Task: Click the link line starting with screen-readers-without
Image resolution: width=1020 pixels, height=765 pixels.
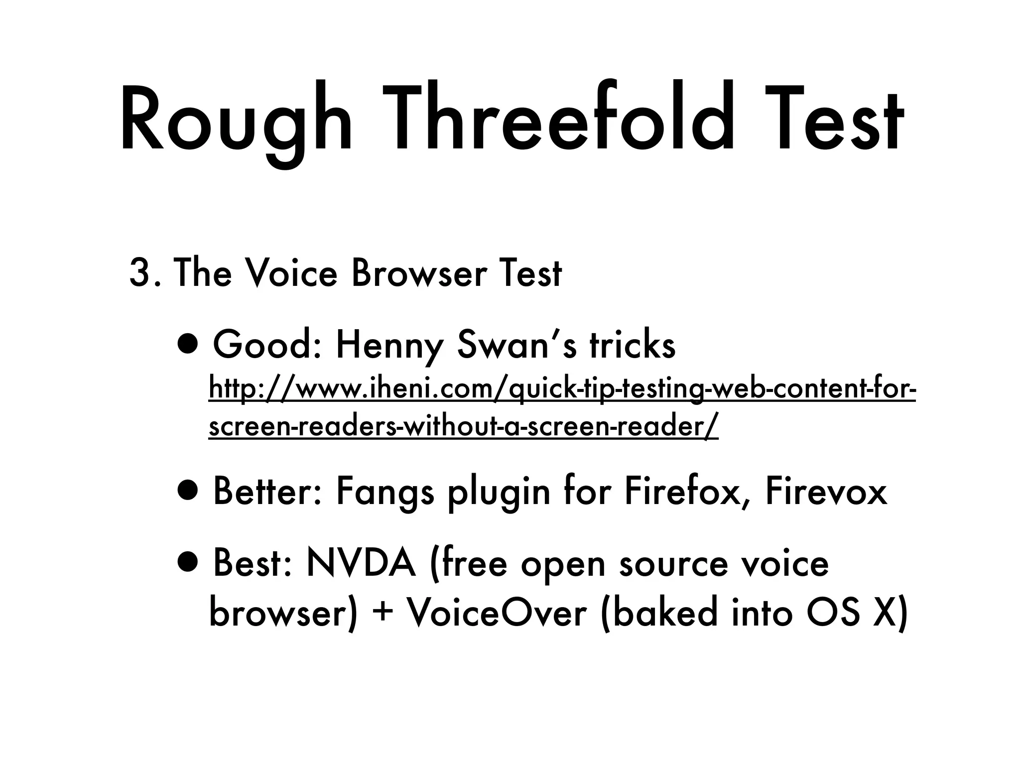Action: [463, 427]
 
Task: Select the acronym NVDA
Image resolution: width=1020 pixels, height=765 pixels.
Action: [361, 563]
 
